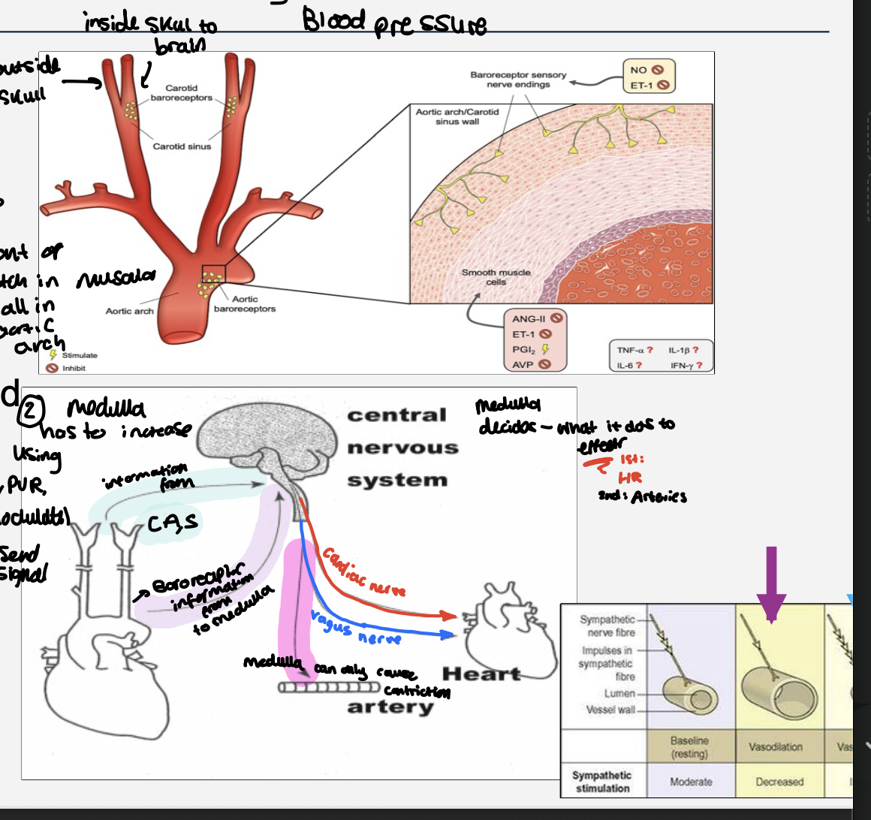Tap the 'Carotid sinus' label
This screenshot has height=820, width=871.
coord(182,146)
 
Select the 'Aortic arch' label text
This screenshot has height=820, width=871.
coord(129,311)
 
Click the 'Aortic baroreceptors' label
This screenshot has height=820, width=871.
coord(245,304)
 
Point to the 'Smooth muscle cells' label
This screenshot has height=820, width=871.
coord(496,277)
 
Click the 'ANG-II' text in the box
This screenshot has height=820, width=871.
coord(529,319)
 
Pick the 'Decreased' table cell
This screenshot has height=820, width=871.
coord(779,782)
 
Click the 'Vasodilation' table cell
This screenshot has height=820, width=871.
coord(775,747)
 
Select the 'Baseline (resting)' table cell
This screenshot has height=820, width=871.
coord(689,747)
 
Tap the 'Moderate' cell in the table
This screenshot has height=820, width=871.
coord(691,782)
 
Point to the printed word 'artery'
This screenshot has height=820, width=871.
coord(390,707)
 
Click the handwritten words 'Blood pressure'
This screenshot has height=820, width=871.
coord(394,23)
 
